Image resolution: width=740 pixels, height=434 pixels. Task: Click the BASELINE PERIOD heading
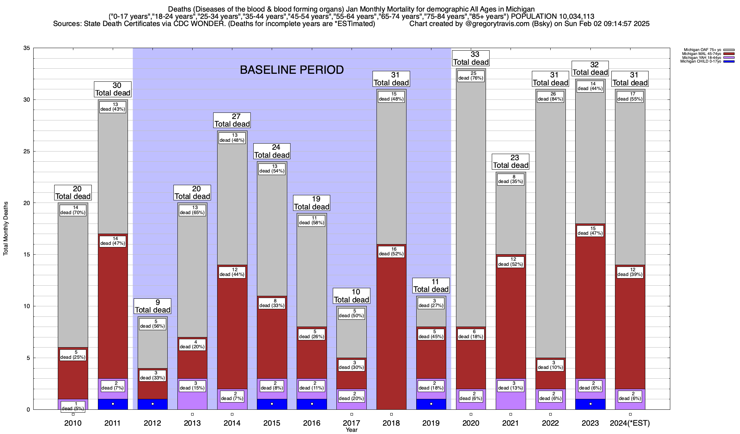(292, 70)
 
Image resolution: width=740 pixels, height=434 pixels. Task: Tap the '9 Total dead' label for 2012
(152, 306)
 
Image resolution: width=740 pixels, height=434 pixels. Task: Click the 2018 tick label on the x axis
(391, 423)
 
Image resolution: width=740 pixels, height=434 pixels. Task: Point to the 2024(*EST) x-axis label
(630, 423)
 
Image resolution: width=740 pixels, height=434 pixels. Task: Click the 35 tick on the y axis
(26, 48)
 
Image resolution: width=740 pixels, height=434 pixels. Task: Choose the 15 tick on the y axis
(26, 255)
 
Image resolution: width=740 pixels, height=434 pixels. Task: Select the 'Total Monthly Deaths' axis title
(6, 229)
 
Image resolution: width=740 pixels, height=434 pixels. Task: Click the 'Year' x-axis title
(351, 430)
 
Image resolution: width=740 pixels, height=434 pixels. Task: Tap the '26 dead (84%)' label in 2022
(550, 97)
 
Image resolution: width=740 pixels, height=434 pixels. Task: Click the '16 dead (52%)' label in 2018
(391, 251)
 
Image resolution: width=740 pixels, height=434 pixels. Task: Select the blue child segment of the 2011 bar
(113, 404)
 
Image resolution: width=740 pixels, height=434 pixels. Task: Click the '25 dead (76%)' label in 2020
(471, 76)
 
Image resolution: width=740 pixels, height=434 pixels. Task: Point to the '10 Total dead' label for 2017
(352, 296)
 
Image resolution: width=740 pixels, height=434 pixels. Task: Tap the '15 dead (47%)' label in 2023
(590, 231)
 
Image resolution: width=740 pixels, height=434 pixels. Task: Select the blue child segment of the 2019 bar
(431, 404)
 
